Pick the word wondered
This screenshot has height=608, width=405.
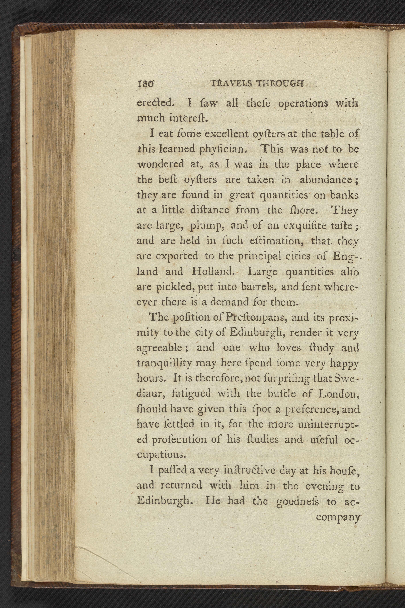pos(161,164)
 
